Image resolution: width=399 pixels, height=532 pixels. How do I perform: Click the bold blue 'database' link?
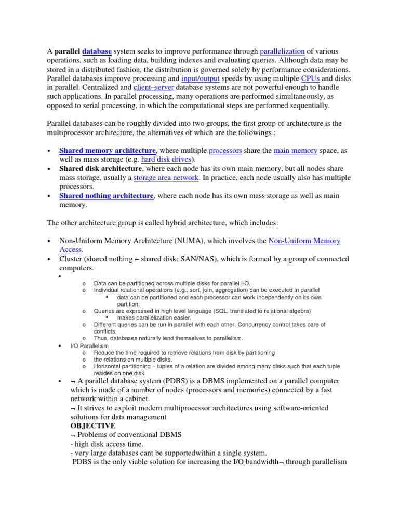pos(97,51)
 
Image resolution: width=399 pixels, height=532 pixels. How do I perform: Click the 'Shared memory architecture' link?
pos(108,150)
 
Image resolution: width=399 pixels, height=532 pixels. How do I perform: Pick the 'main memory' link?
pos(295,150)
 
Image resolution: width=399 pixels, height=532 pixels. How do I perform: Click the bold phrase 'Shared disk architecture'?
pos(100,169)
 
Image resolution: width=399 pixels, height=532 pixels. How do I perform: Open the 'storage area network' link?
pos(166,178)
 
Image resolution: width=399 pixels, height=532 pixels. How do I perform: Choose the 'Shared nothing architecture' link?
pos(107,196)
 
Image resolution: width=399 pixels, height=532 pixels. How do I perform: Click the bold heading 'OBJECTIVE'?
pos(92,425)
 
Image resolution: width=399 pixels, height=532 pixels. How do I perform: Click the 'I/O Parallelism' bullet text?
pos(89,345)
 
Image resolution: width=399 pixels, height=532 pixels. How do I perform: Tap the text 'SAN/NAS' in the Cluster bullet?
pos(199,259)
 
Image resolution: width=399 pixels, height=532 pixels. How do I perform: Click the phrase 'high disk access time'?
pos(106,444)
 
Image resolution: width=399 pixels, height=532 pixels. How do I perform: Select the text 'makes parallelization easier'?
pos(154,317)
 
